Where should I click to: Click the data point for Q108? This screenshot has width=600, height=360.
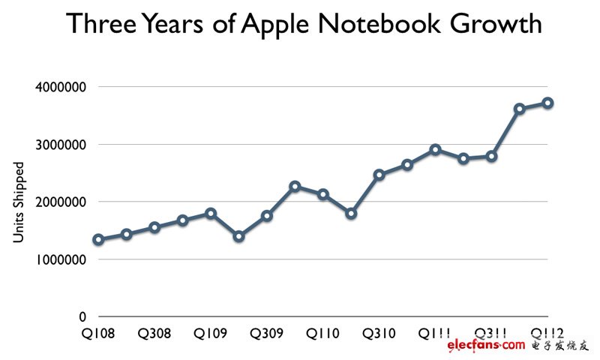[x=98, y=239]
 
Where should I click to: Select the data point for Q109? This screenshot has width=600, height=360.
[x=211, y=213]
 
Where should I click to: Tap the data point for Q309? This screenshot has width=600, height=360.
[x=267, y=215]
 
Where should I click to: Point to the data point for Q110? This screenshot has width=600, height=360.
[x=323, y=194]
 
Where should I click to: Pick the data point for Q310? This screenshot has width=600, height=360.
[x=379, y=175]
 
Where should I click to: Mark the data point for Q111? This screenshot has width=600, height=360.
[x=436, y=149]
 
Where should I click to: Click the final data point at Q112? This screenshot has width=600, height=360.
[x=548, y=103]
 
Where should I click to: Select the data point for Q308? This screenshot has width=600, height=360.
[x=154, y=227]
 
